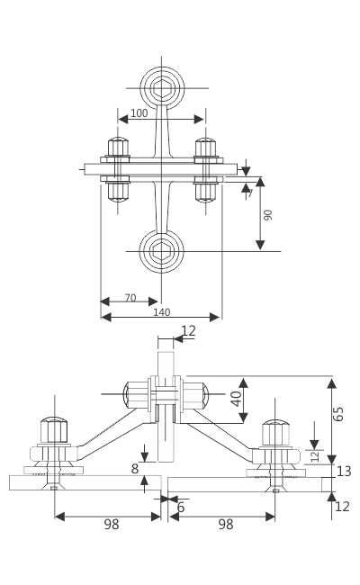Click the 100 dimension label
139,113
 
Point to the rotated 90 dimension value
268,214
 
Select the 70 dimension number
130,298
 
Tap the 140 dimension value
161,312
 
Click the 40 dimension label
236,398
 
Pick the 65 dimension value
339,414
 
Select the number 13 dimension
343,472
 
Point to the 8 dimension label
135,469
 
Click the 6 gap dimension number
181,508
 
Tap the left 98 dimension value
111,525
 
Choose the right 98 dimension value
225,525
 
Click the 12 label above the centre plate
188,331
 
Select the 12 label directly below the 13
342,507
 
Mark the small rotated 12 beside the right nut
315,455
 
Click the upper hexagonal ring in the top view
162,88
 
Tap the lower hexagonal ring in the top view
162,250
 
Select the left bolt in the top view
118,168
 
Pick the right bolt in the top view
206,168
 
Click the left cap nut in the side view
54,430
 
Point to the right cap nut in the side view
275,433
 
